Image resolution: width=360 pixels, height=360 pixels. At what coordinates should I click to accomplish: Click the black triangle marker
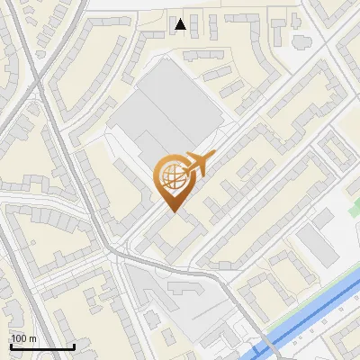181,24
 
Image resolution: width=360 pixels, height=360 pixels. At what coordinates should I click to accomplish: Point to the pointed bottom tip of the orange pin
172,212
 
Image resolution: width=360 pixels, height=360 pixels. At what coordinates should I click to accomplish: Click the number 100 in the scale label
20,338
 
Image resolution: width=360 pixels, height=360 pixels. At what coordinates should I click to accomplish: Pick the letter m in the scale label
33,338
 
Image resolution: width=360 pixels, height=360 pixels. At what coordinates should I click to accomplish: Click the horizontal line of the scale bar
42,346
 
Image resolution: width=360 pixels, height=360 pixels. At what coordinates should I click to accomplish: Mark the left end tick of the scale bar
11,345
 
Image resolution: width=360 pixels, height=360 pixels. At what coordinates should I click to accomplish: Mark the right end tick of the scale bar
74,345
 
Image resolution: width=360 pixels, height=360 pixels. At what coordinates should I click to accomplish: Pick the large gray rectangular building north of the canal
314,238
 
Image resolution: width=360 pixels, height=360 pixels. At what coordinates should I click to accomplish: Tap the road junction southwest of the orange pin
118,253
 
